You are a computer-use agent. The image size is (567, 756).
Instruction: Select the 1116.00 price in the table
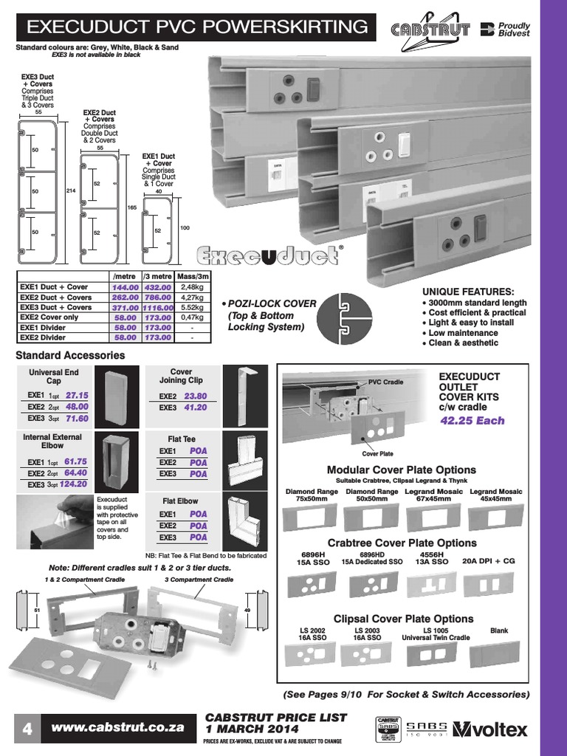click(x=158, y=307)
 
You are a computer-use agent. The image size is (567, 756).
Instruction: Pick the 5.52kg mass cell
click(x=192, y=307)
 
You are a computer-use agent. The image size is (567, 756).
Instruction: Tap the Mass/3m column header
click(x=192, y=276)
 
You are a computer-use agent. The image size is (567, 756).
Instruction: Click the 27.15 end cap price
click(x=76, y=395)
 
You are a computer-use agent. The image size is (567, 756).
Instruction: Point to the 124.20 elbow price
click(x=74, y=484)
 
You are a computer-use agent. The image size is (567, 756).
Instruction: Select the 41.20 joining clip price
click(x=195, y=407)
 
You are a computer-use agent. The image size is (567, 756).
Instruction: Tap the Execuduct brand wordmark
click(x=267, y=256)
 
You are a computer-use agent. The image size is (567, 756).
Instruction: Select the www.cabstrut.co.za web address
click(x=117, y=726)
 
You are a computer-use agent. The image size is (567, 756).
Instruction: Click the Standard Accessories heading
click(x=70, y=355)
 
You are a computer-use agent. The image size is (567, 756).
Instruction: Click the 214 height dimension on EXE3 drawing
click(x=72, y=191)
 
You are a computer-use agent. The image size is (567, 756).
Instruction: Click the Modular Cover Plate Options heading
click(x=402, y=470)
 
